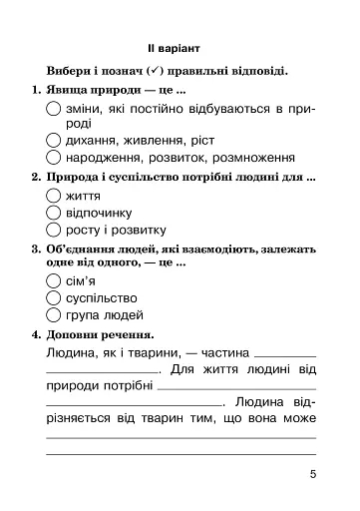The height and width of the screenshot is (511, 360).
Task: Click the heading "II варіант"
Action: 180,47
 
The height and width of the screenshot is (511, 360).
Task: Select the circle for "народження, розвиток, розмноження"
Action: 55,158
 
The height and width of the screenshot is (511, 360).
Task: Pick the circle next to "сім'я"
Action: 55,281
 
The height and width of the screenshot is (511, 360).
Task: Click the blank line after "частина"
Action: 285,355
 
